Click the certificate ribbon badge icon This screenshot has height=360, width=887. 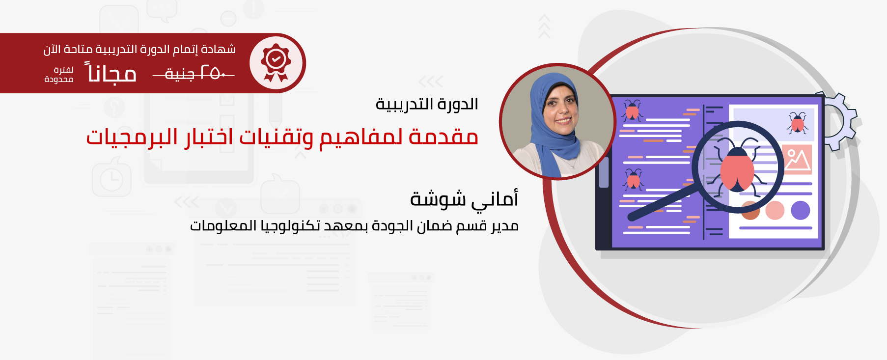(276, 63)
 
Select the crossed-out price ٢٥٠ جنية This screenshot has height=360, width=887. (194, 74)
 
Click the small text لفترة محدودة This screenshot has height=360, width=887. (59, 75)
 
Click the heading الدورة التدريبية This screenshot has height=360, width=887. (427, 104)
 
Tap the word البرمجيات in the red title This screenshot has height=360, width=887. (132, 137)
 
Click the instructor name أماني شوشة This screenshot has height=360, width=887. (464, 199)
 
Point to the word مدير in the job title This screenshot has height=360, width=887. (505, 226)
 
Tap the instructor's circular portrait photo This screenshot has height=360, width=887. (557, 121)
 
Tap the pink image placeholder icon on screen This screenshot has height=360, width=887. (797, 159)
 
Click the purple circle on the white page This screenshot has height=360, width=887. (801, 210)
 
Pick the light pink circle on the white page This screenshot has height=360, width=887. (775, 210)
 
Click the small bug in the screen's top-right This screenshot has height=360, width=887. (798, 123)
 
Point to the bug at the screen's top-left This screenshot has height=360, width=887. (632, 111)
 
